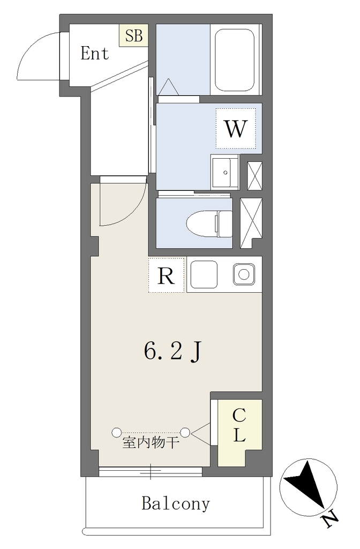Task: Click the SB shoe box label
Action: (x=134, y=35)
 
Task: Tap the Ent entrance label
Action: (x=95, y=53)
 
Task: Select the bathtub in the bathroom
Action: (x=235, y=60)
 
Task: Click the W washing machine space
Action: (x=236, y=128)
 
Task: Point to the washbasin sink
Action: (x=224, y=173)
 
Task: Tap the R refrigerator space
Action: (x=166, y=275)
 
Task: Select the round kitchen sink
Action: (x=244, y=274)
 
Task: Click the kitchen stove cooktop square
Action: (x=204, y=274)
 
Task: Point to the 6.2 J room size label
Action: (x=173, y=352)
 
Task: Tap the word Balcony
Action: (x=176, y=503)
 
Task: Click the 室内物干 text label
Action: (x=151, y=443)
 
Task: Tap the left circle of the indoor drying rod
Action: (x=116, y=433)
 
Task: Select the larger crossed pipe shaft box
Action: (x=251, y=223)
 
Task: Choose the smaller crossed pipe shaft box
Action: (x=254, y=176)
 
